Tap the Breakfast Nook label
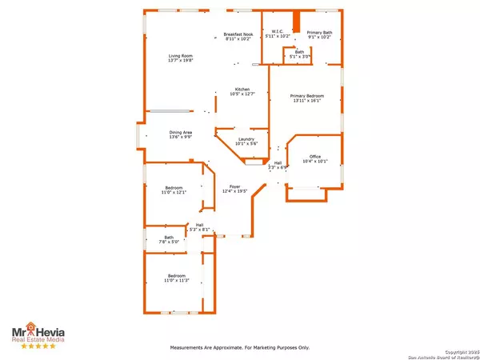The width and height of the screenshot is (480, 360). click(238, 34)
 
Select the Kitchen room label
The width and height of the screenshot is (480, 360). click(242, 89)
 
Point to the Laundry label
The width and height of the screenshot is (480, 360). click(246, 139)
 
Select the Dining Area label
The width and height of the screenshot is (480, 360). click(180, 132)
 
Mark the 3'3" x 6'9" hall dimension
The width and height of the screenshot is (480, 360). click(278, 168)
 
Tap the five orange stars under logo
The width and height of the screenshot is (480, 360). click(37, 346)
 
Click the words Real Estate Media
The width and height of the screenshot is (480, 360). click(37, 339)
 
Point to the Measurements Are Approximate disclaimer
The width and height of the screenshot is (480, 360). click(239, 348)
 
